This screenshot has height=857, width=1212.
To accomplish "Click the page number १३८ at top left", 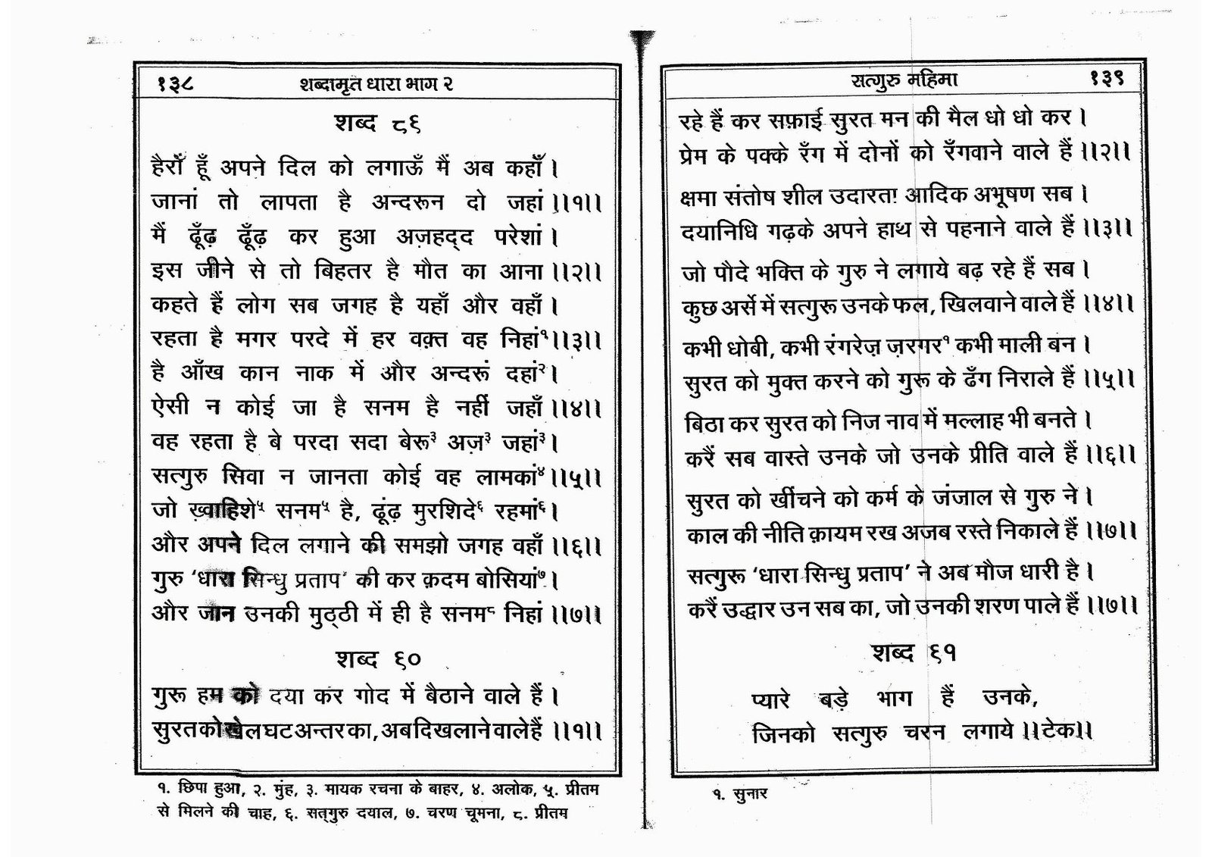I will coord(176,83).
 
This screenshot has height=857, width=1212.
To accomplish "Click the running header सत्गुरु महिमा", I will coord(906,80).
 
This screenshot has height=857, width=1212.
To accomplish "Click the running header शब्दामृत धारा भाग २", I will coord(376,84).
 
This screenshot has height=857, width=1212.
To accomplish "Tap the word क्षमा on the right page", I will coord(701,195).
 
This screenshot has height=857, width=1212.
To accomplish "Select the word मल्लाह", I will coord(996,421).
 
